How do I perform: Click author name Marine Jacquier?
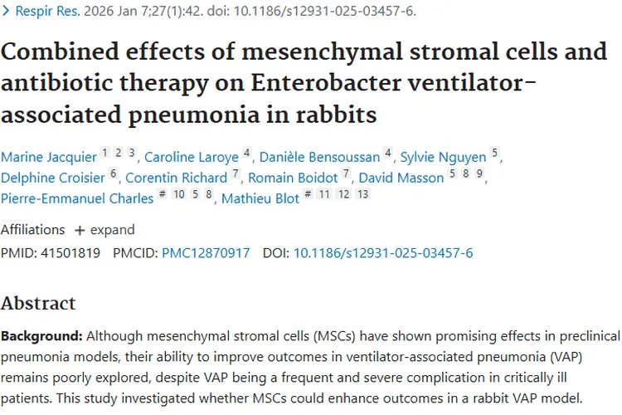[x=48, y=157]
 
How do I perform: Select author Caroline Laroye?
[x=191, y=157]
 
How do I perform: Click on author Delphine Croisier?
[x=54, y=178]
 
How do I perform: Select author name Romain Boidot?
[x=293, y=178]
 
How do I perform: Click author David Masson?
[x=403, y=178]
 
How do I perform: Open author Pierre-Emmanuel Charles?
[x=77, y=198]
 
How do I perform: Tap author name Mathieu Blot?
[x=260, y=198]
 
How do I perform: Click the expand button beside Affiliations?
[x=104, y=230]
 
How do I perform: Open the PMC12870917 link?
[x=206, y=252]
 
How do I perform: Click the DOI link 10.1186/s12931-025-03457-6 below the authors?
[x=383, y=252]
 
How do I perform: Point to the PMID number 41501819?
[x=70, y=252]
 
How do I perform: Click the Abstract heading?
[x=38, y=303]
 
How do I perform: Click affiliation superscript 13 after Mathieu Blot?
[x=362, y=194]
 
